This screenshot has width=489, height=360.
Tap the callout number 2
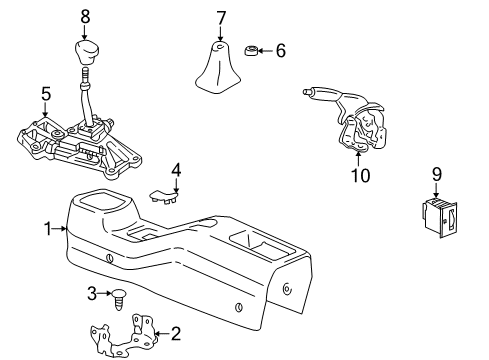point(176,334)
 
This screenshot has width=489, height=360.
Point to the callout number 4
point(176,170)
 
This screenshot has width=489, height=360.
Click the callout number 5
point(46,95)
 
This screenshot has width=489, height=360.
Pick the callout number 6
point(280,50)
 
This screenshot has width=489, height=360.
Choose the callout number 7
point(221,17)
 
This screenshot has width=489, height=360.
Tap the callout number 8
point(85,17)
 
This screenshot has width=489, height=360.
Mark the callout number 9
point(436,174)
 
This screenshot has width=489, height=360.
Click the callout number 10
point(359,176)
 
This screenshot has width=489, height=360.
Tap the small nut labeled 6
point(253,50)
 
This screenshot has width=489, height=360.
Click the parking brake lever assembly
point(350,120)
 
